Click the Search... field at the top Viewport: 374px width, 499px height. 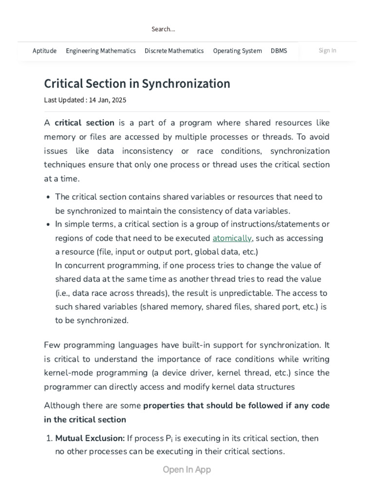(163, 29)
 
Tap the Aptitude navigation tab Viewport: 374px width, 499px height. (44, 51)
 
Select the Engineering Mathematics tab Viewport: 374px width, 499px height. (100, 51)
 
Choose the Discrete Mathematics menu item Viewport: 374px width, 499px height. (174, 51)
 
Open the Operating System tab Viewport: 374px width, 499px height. (237, 51)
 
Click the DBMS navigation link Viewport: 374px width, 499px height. (279, 51)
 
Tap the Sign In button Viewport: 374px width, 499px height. (327, 50)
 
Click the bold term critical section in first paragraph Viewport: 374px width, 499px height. (84, 123)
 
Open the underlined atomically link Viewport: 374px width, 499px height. (232, 238)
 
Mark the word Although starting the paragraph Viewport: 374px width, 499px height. (60, 405)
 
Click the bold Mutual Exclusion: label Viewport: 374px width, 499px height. (90, 438)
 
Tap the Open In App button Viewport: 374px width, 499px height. (187, 470)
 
